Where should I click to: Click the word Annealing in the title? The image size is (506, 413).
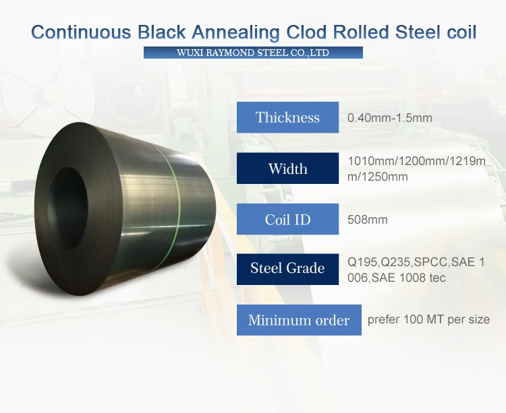click(235, 32)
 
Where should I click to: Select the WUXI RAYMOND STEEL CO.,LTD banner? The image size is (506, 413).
click(253, 53)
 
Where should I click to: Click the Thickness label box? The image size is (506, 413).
click(287, 117)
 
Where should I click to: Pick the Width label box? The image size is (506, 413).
click(287, 168)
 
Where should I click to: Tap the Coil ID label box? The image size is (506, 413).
click(287, 219)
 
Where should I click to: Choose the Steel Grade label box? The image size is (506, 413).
click(287, 269)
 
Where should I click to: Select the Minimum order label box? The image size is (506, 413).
click(299, 320)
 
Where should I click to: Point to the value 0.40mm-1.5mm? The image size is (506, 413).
click(389, 118)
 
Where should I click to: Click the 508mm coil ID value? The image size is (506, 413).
click(368, 220)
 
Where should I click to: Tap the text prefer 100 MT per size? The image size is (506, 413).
click(428, 319)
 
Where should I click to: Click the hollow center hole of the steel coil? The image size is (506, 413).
click(68, 208)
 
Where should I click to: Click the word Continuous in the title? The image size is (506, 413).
click(82, 32)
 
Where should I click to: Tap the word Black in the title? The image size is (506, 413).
click(162, 32)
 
